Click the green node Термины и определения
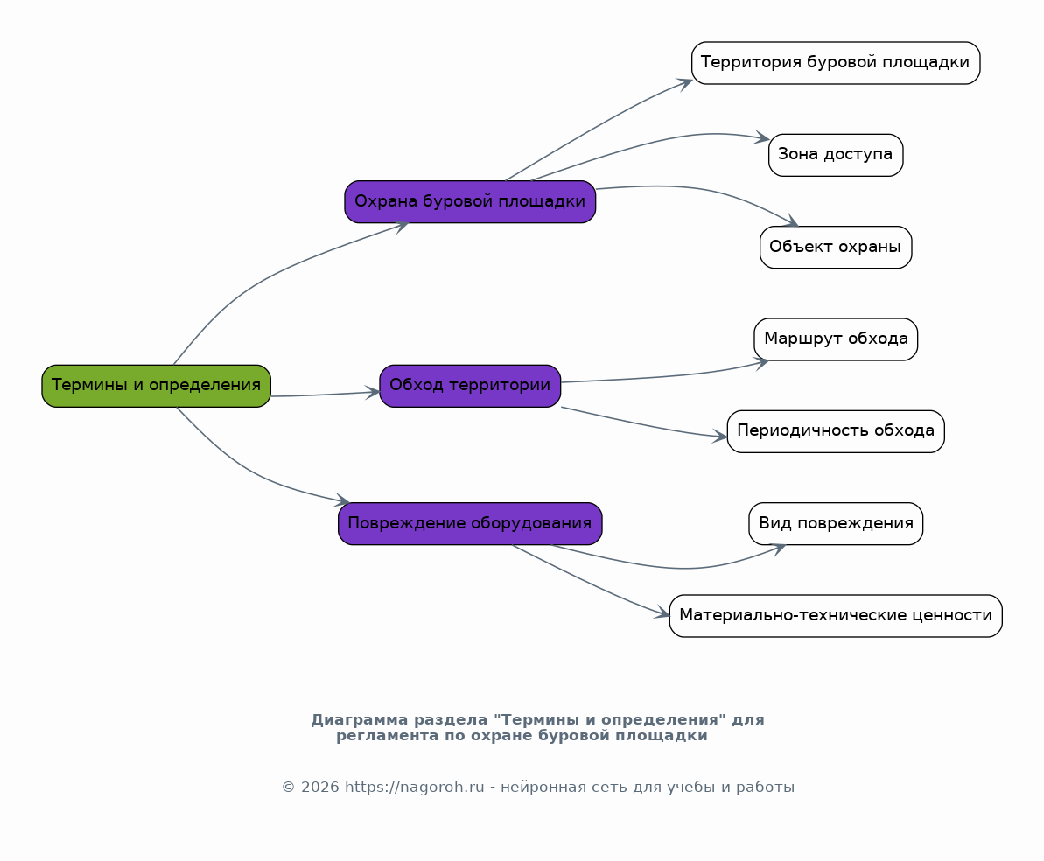(x=157, y=386)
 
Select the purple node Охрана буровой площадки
(x=470, y=201)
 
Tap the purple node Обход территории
(x=470, y=386)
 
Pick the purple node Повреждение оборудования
(x=470, y=523)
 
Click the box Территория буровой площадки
(x=836, y=63)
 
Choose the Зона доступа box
(x=836, y=155)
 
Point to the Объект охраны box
(x=836, y=247)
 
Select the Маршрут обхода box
(x=836, y=339)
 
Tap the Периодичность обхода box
(x=836, y=431)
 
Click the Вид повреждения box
(x=836, y=523)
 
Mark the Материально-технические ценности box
(x=836, y=616)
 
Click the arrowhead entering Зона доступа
(x=762, y=138)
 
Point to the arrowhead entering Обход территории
(x=372, y=392)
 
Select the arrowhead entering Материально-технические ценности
(x=662, y=613)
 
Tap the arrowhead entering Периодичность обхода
(x=719, y=437)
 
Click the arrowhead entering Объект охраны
(x=790, y=221)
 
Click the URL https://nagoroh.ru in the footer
(x=414, y=787)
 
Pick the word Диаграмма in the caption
(x=360, y=720)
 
